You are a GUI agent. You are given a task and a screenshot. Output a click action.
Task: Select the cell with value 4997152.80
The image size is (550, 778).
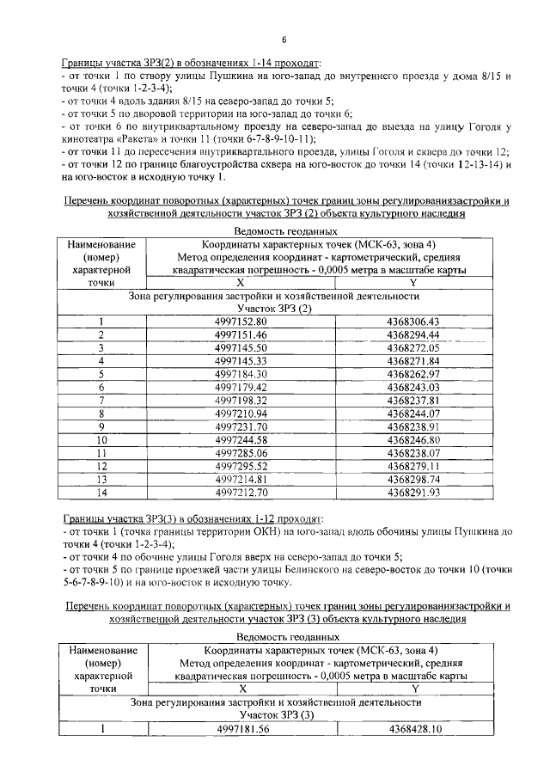click(241, 322)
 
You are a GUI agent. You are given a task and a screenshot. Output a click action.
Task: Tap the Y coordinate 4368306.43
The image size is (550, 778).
click(413, 322)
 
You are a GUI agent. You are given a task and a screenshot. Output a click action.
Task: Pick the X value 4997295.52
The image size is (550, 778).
click(241, 467)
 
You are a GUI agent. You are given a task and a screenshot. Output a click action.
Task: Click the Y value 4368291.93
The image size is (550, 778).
click(413, 493)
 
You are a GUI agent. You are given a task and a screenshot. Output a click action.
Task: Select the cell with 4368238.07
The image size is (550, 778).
click(413, 453)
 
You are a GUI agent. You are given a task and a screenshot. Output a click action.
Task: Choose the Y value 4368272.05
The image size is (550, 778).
click(413, 348)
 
